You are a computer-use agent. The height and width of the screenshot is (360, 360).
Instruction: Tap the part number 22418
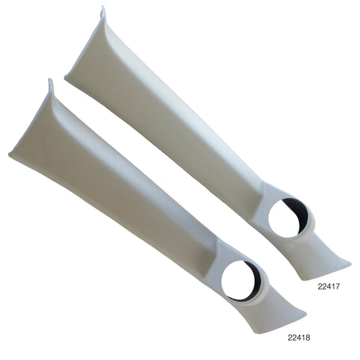(300, 337)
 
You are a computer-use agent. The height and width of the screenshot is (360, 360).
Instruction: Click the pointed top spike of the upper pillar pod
(103, 10)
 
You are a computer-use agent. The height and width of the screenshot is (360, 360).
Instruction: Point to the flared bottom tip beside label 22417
(346, 262)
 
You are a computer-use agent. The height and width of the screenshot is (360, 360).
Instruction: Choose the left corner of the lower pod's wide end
(10, 155)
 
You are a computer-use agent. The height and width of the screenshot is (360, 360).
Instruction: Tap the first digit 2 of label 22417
(318, 286)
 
